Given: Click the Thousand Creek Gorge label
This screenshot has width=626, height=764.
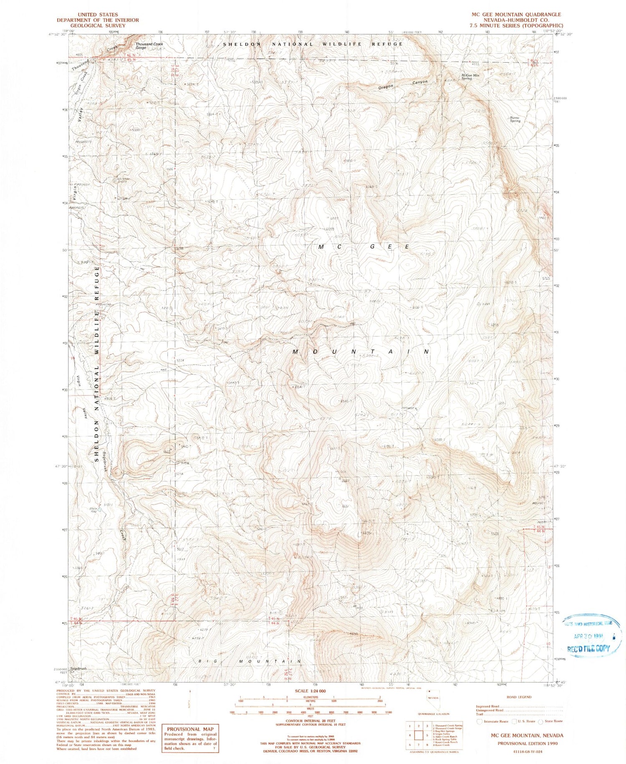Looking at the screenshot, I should pos(149,46).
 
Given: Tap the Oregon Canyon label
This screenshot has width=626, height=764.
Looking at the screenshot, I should pos(403,84).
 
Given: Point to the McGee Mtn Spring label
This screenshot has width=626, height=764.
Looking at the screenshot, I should pos(470,77).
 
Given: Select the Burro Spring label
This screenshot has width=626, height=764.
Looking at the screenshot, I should pos(515,119).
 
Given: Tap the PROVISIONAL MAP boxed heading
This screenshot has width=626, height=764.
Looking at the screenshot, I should pos(190,729).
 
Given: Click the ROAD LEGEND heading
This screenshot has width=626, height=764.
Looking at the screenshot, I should pos(519,697).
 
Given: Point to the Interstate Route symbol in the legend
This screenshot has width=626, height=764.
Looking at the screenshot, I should pos(480,721).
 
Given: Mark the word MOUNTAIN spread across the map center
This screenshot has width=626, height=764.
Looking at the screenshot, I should pos(361,352).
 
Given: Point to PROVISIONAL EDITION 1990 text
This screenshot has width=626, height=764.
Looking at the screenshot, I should pos(527,743).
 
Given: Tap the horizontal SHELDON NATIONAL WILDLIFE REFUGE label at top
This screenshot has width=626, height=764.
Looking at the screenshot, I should pos(313,44).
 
